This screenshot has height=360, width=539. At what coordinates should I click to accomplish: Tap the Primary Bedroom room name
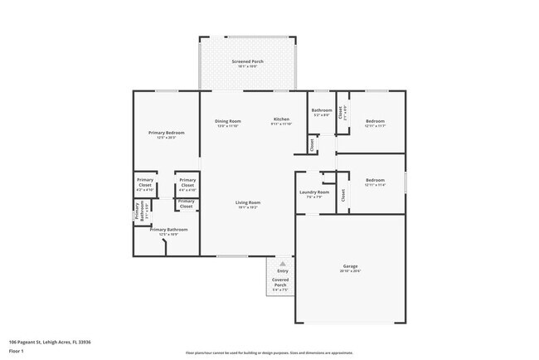[x=166, y=133]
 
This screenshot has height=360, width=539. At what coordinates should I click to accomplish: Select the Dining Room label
[x=227, y=120]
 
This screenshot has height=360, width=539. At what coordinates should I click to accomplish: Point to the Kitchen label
[x=282, y=120]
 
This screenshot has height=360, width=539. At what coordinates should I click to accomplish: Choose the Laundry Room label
[x=314, y=192]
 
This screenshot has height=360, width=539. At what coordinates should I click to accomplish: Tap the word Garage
[x=352, y=266]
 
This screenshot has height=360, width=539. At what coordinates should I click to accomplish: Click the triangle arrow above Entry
[x=283, y=261]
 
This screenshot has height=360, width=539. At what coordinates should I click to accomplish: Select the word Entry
[x=283, y=270]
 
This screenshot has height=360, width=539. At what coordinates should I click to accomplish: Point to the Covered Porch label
[x=281, y=282]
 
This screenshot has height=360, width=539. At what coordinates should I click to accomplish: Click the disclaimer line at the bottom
[x=269, y=353]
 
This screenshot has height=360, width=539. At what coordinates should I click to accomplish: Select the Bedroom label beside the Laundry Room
[x=376, y=180]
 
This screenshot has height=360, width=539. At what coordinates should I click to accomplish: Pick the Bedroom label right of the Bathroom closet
[x=376, y=121]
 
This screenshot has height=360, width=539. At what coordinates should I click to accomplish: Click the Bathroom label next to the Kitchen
[x=322, y=110]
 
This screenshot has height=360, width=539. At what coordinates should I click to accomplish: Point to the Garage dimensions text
[x=352, y=271]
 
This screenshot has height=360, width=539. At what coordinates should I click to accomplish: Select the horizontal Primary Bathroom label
[x=168, y=230]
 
